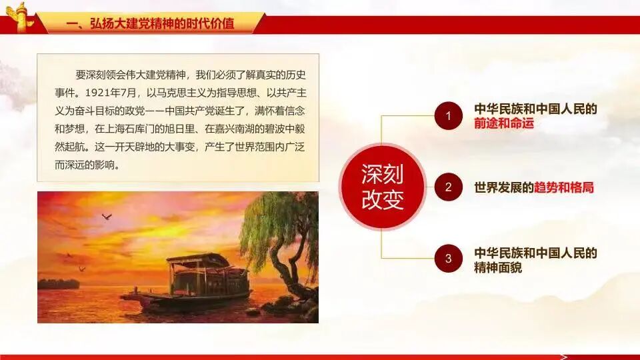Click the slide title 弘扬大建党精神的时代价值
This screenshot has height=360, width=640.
[151, 25]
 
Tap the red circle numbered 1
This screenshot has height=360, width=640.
[449, 116]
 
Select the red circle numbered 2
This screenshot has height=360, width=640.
[449, 187]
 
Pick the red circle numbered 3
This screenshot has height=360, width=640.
[449, 259]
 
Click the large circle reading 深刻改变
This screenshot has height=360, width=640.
[383, 187]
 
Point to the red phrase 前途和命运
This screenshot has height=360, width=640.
[504, 123]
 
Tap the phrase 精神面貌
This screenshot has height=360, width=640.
[498, 268]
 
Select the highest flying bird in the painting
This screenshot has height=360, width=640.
[106, 217]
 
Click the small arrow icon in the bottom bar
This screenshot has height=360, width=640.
[565, 356]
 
